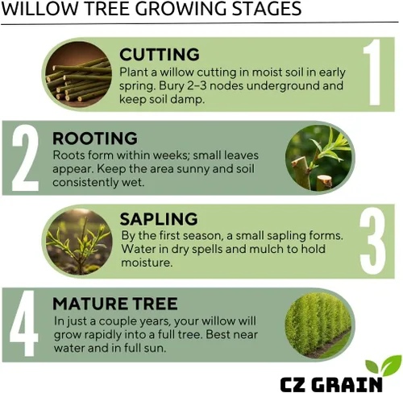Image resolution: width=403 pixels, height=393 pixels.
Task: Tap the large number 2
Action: pos(26,158)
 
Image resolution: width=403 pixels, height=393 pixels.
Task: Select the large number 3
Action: pos(372,241)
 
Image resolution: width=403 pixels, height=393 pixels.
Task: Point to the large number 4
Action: pos(24,324)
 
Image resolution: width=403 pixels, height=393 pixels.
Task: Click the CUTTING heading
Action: pos(160,55)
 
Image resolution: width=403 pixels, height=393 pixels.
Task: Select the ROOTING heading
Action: pos(95,139)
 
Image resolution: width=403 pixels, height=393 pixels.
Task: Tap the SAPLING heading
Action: pos(159,219)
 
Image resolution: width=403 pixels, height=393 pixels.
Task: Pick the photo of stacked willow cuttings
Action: pos(78,74)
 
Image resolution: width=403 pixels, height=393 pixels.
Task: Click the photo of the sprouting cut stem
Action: pos(319,158)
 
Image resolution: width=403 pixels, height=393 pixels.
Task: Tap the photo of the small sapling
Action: pos(79,242)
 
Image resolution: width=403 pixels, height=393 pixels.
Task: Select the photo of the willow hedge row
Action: pos(319,325)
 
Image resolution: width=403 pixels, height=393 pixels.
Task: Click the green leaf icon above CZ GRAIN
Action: pos(384,366)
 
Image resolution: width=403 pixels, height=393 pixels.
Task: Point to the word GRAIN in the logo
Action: pos(348,384)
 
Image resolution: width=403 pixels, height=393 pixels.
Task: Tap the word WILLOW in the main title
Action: pos(39,9)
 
